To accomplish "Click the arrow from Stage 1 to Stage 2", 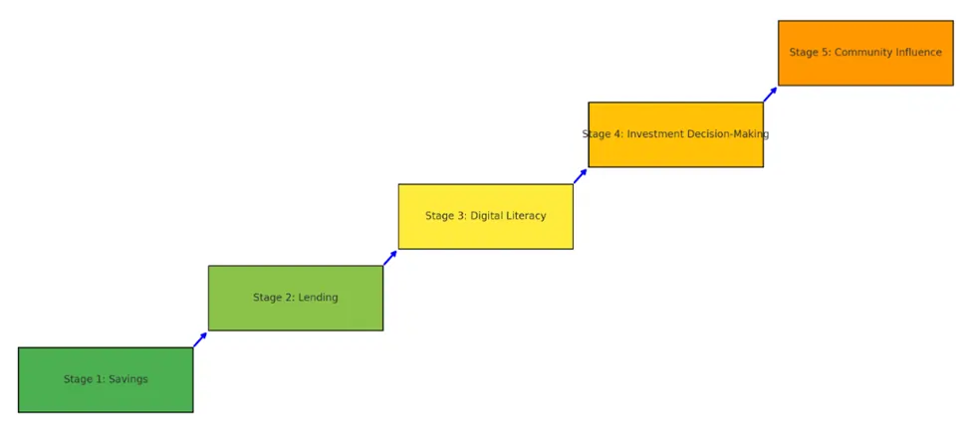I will (x=200, y=339).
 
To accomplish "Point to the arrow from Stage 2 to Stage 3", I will (x=390, y=258).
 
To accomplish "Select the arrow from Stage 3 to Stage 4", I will (x=580, y=176).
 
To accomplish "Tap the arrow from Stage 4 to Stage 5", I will (x=770, y=95).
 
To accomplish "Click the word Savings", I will (x=127, y=379).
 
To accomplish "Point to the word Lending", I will (x=318, y=298).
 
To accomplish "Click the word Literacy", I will (x=524, y=216).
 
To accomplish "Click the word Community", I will (x=862, y=53).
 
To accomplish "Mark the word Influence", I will (x=918, y=53).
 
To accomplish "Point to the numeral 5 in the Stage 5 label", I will (x=824, y=53).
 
